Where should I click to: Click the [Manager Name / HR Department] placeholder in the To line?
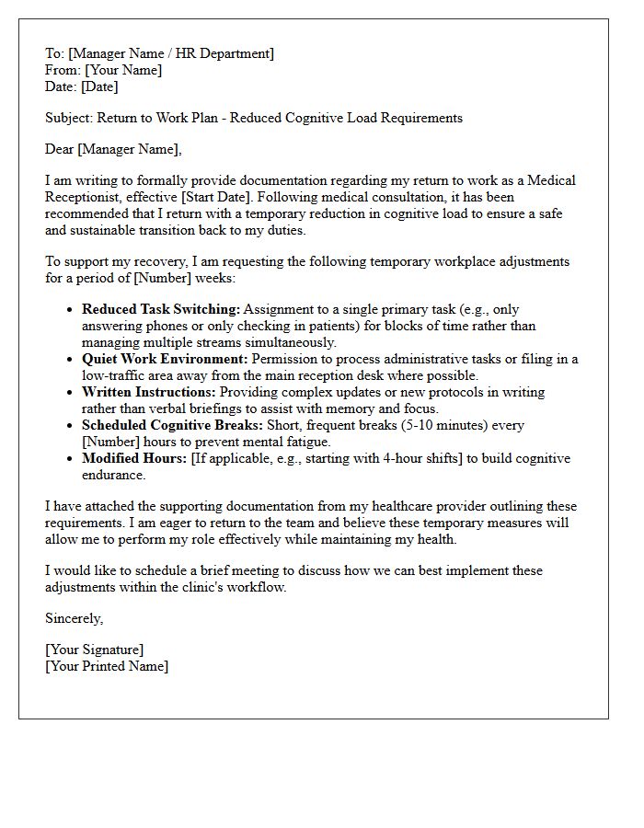pos(170,53)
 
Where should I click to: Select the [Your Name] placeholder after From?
pos(123,70)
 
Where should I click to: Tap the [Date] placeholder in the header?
pos(99,86)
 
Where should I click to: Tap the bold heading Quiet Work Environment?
pos(165,359)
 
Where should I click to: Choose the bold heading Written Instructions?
pos(149,392)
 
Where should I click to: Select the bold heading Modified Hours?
pos(133,458)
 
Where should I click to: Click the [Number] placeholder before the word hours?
pos(109,442)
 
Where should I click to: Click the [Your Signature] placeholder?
pos(95,650)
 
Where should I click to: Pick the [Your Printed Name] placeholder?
pos(107,666)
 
